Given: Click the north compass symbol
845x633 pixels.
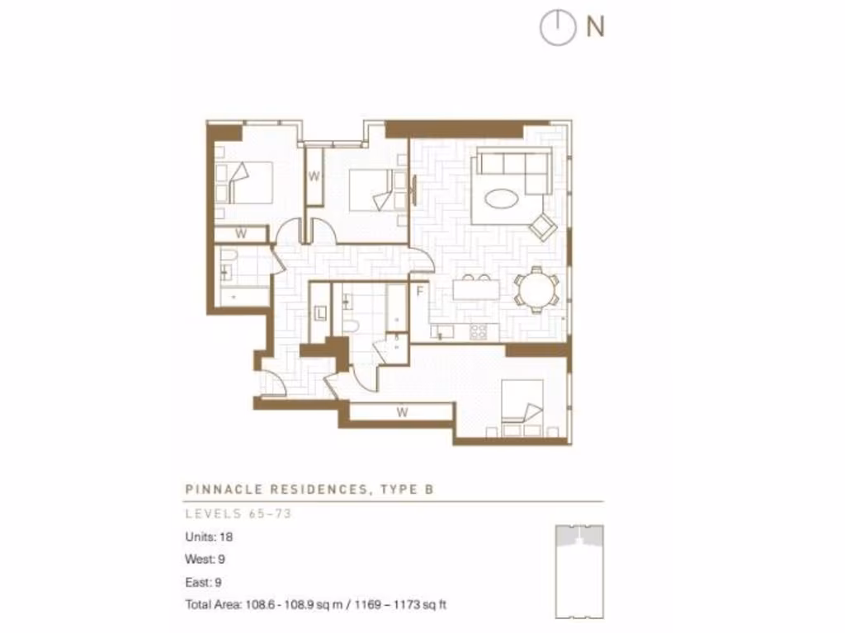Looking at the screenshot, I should tap(557, 28).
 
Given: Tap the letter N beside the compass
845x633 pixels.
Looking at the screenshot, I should tap(595, 27).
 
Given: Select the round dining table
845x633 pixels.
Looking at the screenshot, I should tap(536, 289).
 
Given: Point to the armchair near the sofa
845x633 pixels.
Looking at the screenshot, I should tap(542, 226).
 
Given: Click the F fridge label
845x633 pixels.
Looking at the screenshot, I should tap(420, 292).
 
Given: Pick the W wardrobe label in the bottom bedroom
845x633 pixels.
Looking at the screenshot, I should tap(402, 412).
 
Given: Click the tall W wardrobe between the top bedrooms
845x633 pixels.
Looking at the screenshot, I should tap(314, 176).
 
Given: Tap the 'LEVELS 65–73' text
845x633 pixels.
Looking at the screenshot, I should tap(238, 514).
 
